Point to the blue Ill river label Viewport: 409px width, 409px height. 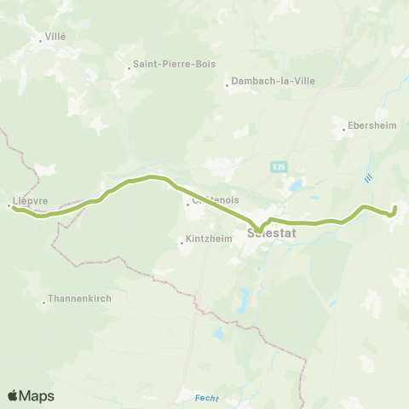click(x=368, y=178)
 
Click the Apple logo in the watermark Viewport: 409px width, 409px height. click(x=14, y=395)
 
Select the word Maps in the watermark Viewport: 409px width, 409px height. click(x=37, y=395)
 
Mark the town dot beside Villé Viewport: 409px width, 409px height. click(x=40, y=39)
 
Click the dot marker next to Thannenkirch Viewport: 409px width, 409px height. click(x=44, y=301)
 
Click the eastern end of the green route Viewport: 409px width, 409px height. click(x=395, y=207)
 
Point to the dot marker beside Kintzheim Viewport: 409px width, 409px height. click(x=181, y=243)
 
